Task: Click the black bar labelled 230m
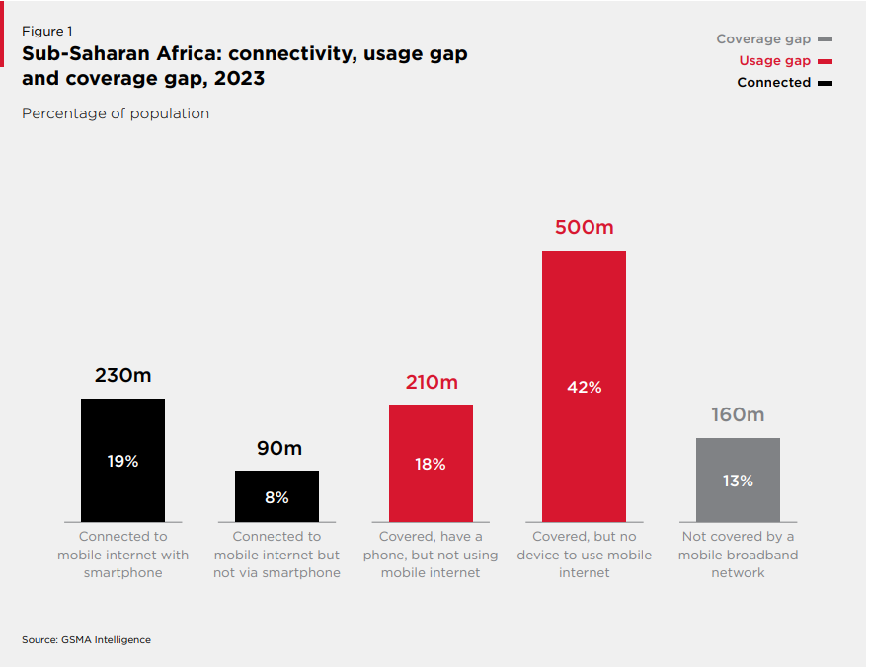coord(122,460)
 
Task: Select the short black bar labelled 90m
coord(276,495)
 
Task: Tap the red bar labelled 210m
coord(431,463)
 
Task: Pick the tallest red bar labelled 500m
coord(584,386)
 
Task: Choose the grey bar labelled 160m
coord(738,480)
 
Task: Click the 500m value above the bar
coord(584,228)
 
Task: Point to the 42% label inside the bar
coord(584,388)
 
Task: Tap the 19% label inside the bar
coord(122,461)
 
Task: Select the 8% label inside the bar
coord(276,498)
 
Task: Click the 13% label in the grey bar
coord(738,482)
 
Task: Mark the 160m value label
coord(738,415)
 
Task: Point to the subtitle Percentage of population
coord(116,113)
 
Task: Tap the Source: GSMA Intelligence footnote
coord(86,640)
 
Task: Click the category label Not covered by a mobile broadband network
coord(738,555)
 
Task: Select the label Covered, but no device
coord(584,555)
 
